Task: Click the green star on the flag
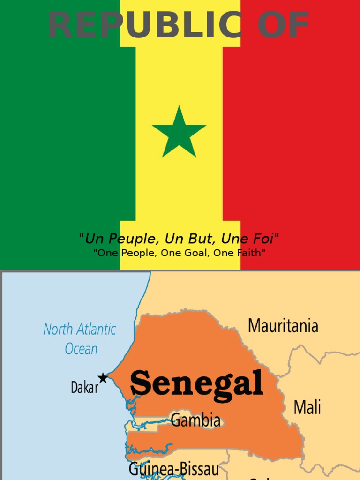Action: tap(179, 133)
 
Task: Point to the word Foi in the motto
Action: tap(263, 239)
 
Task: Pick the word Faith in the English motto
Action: tap(248, 253)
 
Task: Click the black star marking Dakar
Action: tap(103, 378)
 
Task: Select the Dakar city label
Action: tap(84, 388)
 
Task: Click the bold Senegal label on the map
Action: tap(196, 383)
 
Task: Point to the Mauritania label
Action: tap(283, 325)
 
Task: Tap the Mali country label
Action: tap(307, 407)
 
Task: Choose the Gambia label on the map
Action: tap(195, 420)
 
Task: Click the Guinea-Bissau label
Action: tap(173, 469)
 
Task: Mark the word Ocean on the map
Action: tap(81, 349)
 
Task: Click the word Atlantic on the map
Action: tap(95, 329)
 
